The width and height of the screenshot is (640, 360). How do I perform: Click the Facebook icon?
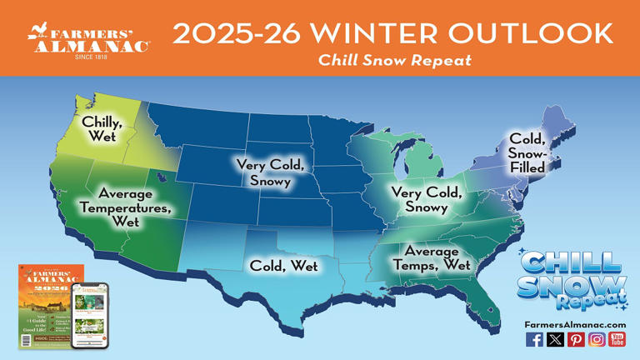pyautogui.click(x=534, y=339)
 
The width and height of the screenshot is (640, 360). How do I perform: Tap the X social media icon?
pyautogui.click(x=555, y=339)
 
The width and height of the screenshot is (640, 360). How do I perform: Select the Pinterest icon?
pyautogui.click(x=576, y=339)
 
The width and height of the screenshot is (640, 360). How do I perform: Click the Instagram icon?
pyautogui.click(x=597, y=339)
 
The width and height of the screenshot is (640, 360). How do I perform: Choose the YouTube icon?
pyautogui.click(x=617, y=339)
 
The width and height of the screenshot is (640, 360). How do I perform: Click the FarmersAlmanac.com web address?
pyautogui.click(x=575, y=324)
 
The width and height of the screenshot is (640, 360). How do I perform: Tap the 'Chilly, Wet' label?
pyautogui.click(x=102, y=129)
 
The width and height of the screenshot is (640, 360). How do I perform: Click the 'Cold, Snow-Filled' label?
pyautogui.click(x=527, y=152)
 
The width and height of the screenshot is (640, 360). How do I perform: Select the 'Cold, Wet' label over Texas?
pyautogui.click(x=284, y=266)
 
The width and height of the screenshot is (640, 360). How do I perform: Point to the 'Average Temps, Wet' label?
pyautogui.click(x=432, y=258)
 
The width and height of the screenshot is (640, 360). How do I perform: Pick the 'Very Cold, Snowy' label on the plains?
pyautogui.click(x=263, y=172)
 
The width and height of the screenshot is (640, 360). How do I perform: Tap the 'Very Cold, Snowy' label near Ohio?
pyautogui.click(x=427, y=200)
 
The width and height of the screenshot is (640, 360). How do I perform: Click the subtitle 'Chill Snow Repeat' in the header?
pyautogui.click(x=394, y=60)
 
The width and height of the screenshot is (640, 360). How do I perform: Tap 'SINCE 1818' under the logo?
pyautogui.click(x=90, y=57)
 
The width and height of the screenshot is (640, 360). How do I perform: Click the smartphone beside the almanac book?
pyautogui.click(x=90, y=314)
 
